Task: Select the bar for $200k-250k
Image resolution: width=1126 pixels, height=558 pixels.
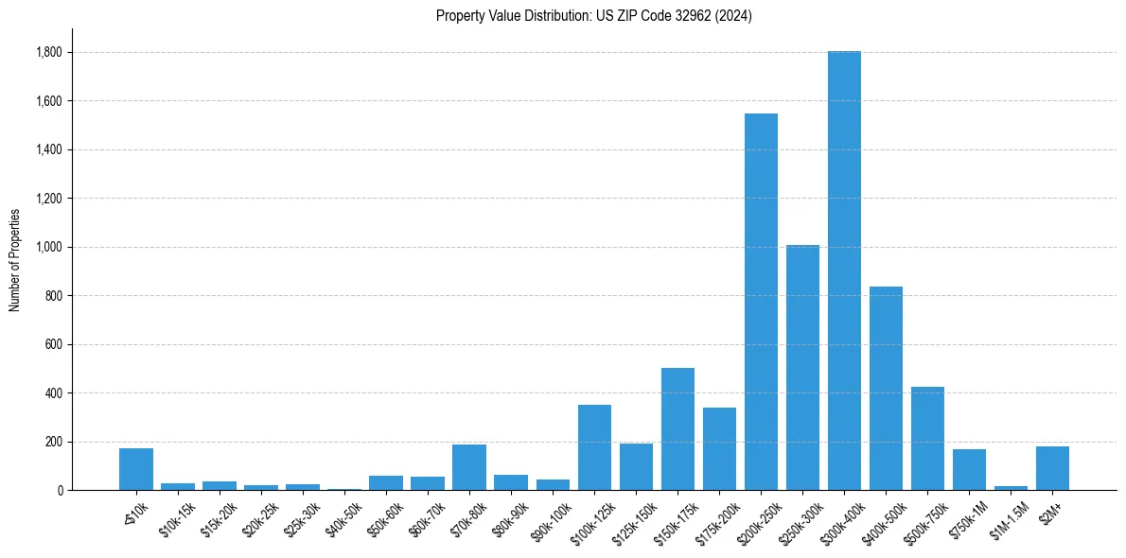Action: coord(761,302)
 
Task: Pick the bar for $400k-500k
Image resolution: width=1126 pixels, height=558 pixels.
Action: coord(886,388)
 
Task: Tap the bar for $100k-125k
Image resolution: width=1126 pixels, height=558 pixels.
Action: coord(594,447)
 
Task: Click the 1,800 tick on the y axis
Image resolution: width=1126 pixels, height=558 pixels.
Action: coord(49,52)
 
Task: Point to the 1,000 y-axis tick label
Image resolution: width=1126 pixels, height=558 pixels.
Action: coord(49,247)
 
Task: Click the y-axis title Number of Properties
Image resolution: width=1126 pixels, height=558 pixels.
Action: coord(14,260)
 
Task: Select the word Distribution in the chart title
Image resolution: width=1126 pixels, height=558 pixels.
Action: coord(546,16)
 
